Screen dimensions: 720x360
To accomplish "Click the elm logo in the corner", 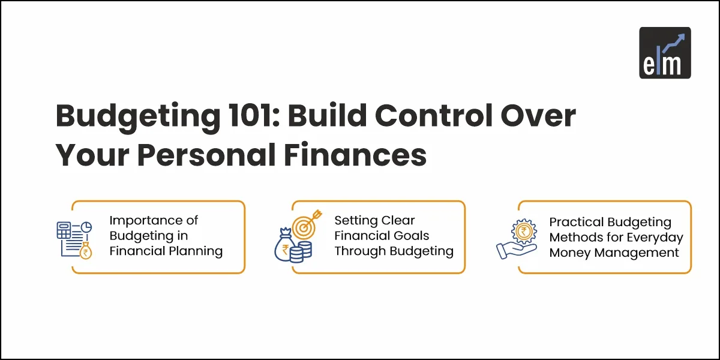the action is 665,53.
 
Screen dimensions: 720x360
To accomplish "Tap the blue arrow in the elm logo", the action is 674,43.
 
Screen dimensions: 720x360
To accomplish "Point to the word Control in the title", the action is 434,115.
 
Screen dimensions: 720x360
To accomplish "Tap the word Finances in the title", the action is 355,155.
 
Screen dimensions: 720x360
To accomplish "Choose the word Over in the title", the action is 538,116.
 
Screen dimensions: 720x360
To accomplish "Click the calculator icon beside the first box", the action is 64,230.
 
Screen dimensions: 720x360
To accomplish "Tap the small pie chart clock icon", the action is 86,227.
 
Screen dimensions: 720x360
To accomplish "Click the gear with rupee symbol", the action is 524,232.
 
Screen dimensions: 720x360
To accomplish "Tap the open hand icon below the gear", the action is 516,251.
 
